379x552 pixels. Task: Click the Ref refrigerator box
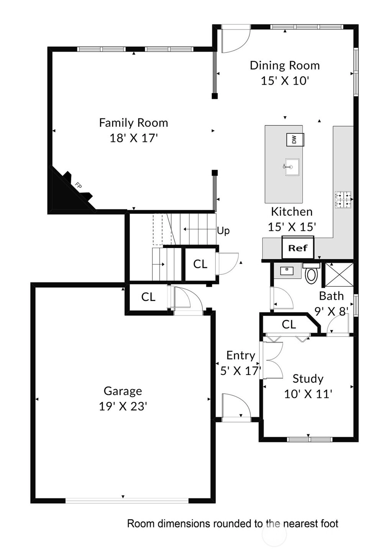(298, 247)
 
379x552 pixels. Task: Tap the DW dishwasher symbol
(295, 140)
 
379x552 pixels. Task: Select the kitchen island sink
(292, 167)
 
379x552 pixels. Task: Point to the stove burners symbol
(343, 199)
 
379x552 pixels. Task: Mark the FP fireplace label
(78, 186)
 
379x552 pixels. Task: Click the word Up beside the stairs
(223, 231)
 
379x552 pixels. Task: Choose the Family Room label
(134, 123)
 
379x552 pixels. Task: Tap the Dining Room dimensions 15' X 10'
(285, 80)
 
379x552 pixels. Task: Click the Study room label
(308, 379)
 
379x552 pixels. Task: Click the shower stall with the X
(339, 274)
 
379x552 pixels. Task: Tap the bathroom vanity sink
(287, 271)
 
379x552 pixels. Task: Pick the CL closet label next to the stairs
(200, 264)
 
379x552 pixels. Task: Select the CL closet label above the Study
(289, 325)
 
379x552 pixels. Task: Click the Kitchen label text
(292, 212)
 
